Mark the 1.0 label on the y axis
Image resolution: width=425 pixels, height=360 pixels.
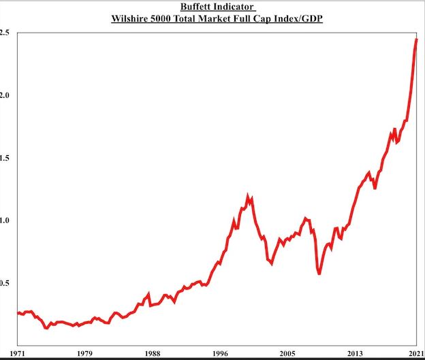tap(5, 220)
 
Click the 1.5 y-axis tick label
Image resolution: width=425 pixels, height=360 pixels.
tap(5, 158)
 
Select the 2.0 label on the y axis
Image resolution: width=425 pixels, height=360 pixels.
tap(5, 95)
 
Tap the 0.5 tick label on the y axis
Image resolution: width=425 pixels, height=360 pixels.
tap(5, 283)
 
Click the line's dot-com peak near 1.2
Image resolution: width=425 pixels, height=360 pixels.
tap(248, 196)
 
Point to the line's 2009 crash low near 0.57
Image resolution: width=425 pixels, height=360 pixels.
tap(319, 274)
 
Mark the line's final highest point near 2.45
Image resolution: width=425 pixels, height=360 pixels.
tap(416, 40)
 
